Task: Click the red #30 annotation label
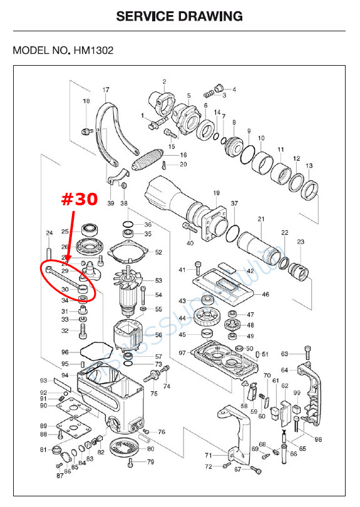79,200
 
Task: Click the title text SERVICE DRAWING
180,16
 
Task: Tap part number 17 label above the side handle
106,90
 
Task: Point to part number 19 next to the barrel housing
216,193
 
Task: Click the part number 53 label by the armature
158,280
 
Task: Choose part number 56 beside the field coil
158,335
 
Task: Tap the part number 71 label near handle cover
208,455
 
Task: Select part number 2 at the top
164,81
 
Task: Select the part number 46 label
265,294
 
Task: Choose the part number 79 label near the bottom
150,462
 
